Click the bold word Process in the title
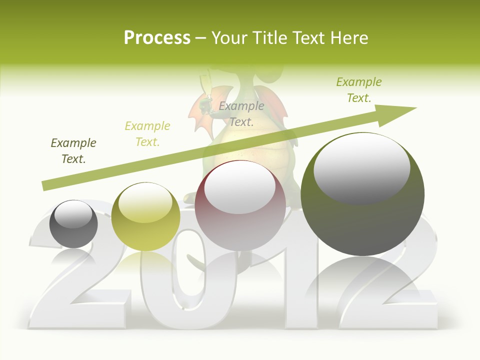coord(157,38)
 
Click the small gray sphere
coord(73,224)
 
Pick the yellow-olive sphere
coord(145,216)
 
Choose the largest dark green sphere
coord(362,194)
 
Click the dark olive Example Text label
coord(73,151)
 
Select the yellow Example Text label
coord(147,134)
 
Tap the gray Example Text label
coord(241,114)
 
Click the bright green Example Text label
coord(359,90)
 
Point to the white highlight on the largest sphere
coord(362,169)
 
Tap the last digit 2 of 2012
coord(385,295)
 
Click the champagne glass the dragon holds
coord(203,87)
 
